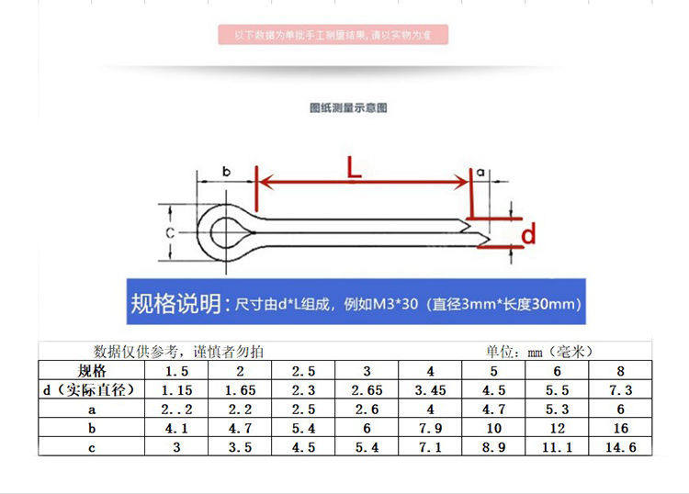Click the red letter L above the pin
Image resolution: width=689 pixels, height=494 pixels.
355,167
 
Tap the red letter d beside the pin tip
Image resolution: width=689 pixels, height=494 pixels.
528,236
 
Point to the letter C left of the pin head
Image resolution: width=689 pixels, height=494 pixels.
170,233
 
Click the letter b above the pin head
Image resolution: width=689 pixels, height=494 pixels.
225,171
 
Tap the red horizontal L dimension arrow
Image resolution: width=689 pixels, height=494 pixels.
363,182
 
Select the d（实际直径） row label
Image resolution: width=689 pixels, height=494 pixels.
91,390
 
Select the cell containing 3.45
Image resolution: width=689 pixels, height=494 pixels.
429,390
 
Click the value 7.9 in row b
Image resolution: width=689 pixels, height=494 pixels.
429,429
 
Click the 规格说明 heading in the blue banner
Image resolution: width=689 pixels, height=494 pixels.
175,304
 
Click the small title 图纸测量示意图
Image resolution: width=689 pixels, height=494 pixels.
348,107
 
